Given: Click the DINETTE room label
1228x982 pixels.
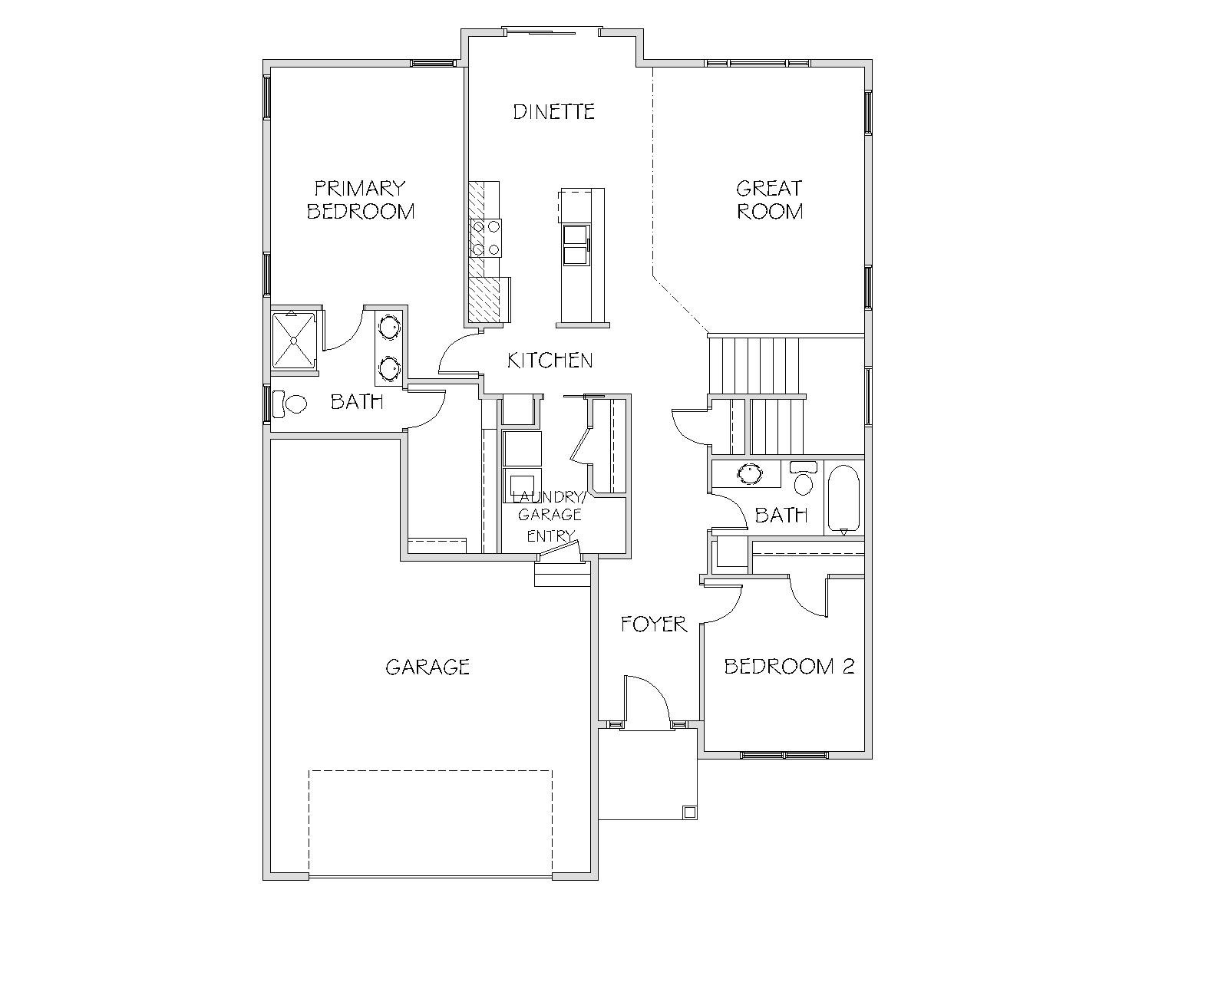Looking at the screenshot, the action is (x=553, y=111).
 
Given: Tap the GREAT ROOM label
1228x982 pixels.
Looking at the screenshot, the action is (x=769, y=199).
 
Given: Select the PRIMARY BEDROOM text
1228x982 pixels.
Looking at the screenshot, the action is (x=361, y=199).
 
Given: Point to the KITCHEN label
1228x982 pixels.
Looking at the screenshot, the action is (x=550, y=360).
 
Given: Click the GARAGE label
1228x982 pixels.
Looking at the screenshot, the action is (x=427, y=667).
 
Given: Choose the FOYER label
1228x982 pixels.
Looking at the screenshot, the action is (x=654, y=624).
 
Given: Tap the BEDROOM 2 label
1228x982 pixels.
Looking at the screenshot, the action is (x=789, y=666).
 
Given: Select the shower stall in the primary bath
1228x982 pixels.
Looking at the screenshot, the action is (x=293, y=341).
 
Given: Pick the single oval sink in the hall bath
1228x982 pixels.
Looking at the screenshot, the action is (x=750, y=473).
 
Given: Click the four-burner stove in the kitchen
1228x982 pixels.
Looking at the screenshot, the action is (x=485, y=238).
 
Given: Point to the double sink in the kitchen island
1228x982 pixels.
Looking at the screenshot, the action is (x=575, y=245).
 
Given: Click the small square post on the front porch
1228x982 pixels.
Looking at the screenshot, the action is (x=689, y=812).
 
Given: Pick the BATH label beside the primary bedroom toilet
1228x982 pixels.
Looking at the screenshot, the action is (x=357, y=402).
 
